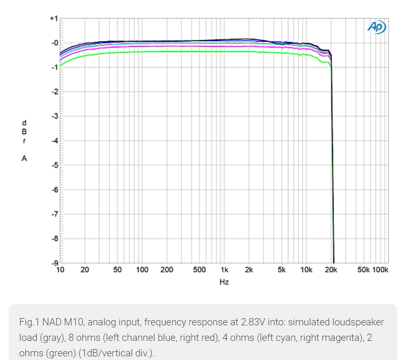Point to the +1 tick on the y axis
(53, 19)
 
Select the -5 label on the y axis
(53, 166)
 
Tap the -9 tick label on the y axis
(53, 263)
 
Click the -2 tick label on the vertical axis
(53, 92)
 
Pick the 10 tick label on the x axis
(61, 270)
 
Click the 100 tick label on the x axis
(142, 270)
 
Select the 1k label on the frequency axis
(224, 270)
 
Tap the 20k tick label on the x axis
(331, 270)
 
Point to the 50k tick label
(363, 270)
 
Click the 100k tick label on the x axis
(381, 270)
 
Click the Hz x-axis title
(224, 282)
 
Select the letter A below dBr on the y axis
(24, 159)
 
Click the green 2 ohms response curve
(155, 52)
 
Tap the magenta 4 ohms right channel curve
(155, 47)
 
